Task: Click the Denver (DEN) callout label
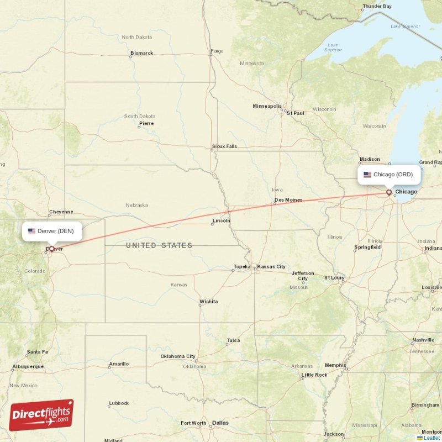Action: click(52, 231)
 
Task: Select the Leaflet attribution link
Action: click(432, 438)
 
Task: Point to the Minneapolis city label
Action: click(267, 106)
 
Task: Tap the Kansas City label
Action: click(271, 267)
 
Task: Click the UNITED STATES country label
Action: click(159, 245)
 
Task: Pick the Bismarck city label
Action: click(141, 54)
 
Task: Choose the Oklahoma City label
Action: click(178, 356)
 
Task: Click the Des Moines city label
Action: click(288, 200)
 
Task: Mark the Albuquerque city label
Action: click(28, 366)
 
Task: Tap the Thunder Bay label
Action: click(377, 7)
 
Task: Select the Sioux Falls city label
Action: click(224, 146)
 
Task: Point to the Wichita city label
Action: click(208, 302)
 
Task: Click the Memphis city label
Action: click(335, 365)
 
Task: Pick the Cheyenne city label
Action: click(61, 212)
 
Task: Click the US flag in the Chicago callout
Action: click(367, 175)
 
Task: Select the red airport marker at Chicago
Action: click(389, 192)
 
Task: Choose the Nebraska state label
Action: click(136, 205)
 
